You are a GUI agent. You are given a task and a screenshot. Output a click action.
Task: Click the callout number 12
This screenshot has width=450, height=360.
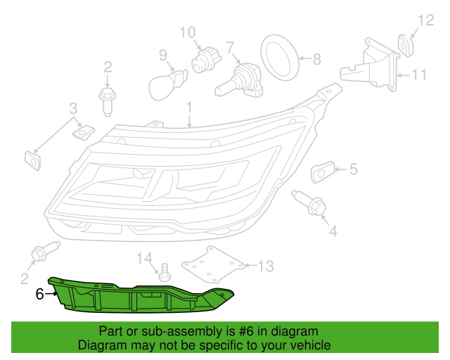click(425, 20)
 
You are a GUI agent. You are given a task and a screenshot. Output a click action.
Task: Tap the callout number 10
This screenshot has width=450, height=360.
click(188, 33)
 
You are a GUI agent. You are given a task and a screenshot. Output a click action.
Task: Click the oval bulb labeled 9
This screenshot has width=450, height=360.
click(167, 84)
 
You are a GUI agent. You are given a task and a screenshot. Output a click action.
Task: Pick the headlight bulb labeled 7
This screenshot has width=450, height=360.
click(239, 80)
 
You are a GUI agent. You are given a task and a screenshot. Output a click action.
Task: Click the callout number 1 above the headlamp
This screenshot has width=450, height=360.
click(189, 108)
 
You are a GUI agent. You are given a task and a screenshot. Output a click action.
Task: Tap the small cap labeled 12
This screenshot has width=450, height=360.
click(406, 45)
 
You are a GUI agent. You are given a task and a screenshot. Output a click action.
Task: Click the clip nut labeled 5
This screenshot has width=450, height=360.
click(323, 172)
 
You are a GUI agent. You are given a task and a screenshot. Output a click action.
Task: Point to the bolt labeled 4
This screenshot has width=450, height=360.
click(309, 202)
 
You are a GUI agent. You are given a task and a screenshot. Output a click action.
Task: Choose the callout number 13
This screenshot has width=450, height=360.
click(266, 266)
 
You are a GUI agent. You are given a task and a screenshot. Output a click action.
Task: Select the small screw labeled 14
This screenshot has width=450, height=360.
click(165, 272)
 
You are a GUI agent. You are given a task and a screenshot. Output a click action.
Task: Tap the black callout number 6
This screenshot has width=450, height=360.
click(39, 294)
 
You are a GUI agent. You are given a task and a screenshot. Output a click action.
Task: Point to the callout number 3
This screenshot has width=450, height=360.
click(73, 109)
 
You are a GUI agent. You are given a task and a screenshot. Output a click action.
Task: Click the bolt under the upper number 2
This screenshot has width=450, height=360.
click(107, 102)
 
